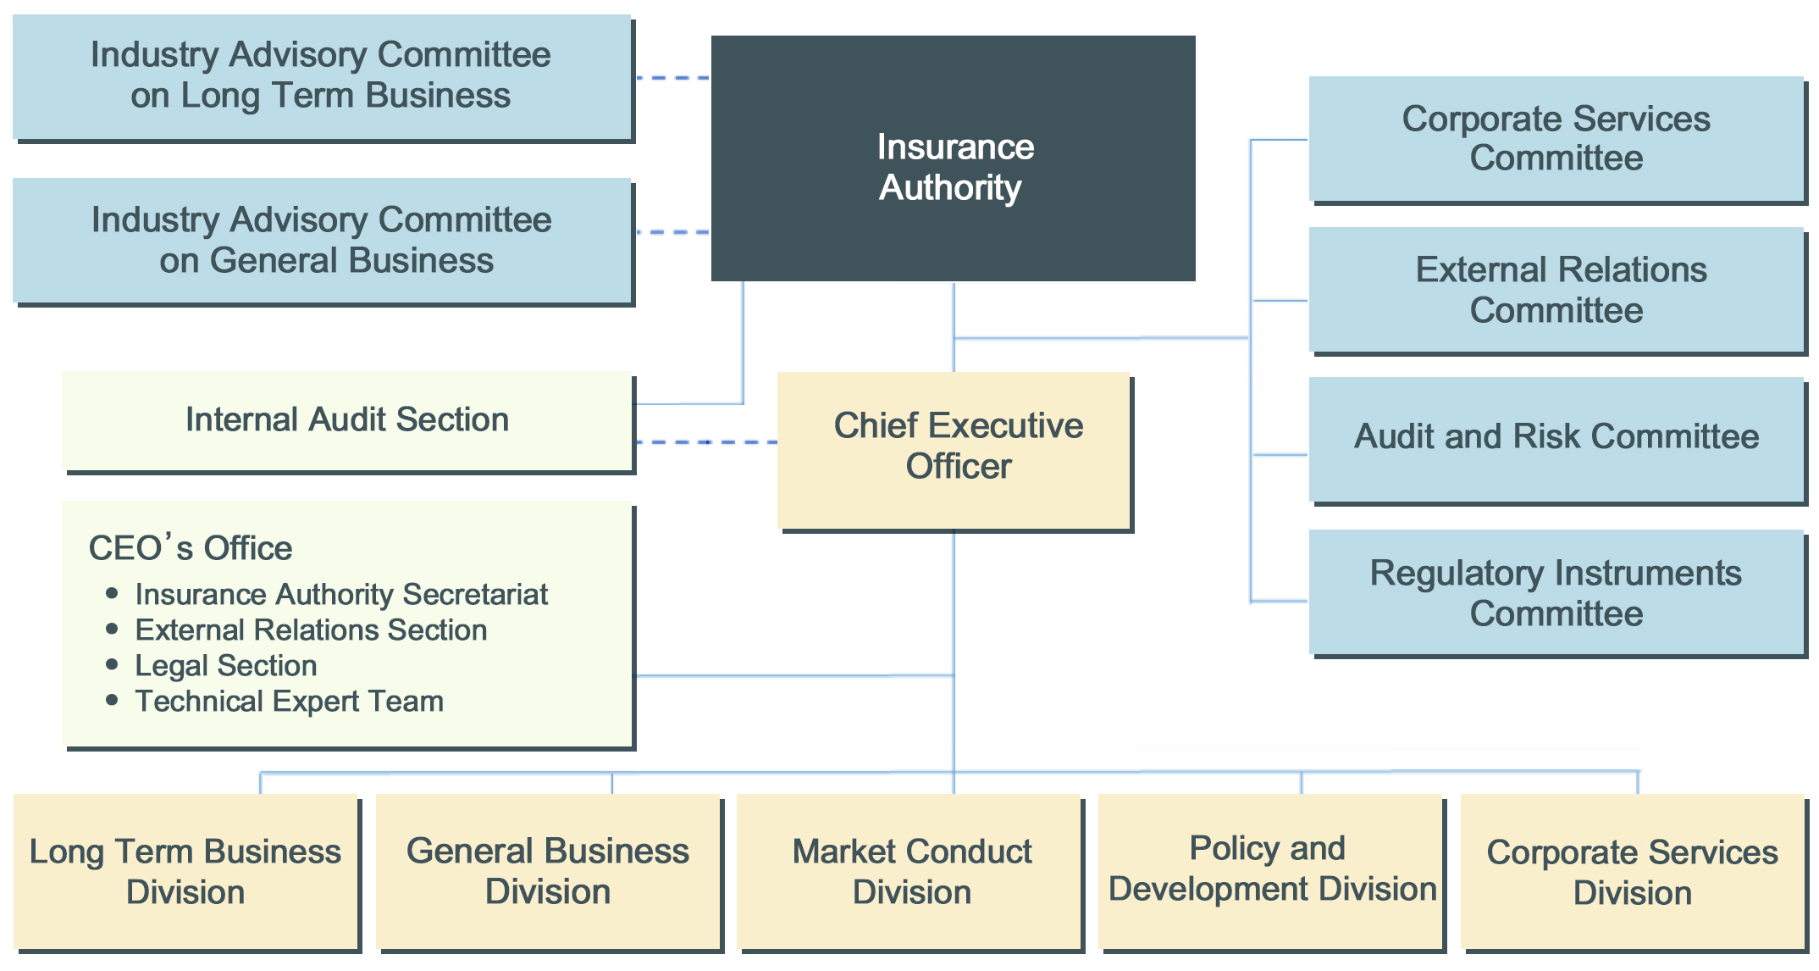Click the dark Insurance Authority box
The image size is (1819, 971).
953,159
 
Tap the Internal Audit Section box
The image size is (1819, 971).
347,420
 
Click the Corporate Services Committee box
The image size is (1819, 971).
1556,139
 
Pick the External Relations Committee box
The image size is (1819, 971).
1556,290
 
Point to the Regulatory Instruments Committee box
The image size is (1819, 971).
1556,592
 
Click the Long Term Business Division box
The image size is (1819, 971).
185,871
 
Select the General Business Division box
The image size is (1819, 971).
548,871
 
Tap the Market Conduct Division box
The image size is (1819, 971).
911,871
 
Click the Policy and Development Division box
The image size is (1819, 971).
1272,869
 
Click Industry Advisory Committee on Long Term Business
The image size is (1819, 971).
321,76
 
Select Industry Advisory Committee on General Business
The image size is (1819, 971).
321,241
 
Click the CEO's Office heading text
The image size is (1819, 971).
191,548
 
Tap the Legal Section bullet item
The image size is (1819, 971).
225,666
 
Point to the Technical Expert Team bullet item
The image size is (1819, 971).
289,702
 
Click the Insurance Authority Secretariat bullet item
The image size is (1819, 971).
341,595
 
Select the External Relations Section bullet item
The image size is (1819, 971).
311,630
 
